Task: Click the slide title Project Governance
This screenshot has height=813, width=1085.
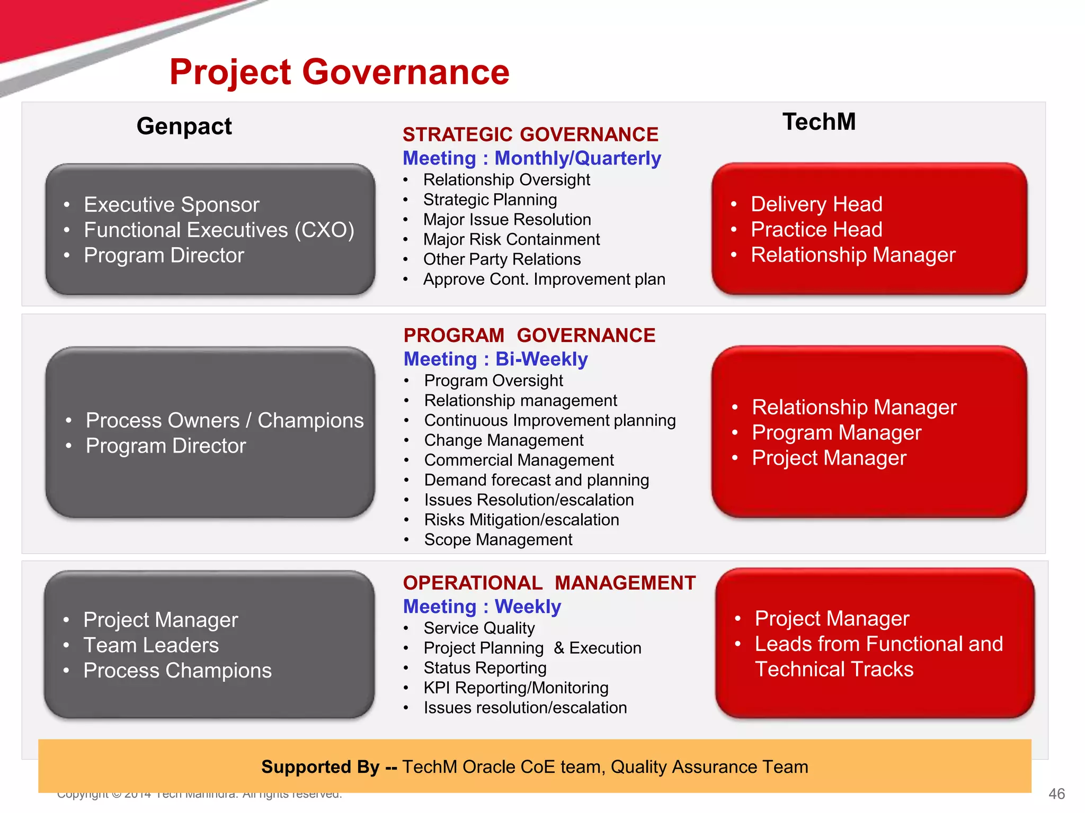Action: point(339,72)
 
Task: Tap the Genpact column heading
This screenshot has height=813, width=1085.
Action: point(184,126)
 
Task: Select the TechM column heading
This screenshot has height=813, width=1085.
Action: point(819,122)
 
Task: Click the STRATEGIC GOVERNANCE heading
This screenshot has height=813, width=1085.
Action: point(530,134)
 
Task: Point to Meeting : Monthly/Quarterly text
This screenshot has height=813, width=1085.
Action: point(531,158)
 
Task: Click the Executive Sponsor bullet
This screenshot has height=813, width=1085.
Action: point(171,205)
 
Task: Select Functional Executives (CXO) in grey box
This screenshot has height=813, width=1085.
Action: point(218,230)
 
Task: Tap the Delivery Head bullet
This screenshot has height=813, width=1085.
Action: point(816,204)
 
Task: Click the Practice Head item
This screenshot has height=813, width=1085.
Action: point(816,230)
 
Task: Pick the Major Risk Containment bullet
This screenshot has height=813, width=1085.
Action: point(511,240)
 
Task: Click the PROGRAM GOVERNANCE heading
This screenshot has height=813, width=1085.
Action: point(529,336)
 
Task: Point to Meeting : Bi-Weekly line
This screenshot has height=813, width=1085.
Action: point(495,359)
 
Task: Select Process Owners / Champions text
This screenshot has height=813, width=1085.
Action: point(224,421)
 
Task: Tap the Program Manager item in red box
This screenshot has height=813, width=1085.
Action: point(836,433)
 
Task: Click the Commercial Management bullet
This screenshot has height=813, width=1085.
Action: point(519,460)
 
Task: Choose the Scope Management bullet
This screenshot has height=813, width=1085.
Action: point(498,540)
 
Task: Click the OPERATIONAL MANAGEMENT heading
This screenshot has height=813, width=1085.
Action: point(549,583)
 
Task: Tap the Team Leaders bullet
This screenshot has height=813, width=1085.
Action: point(151,645)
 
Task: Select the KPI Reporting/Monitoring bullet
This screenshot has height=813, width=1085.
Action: point(515,688)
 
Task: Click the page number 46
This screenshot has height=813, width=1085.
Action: point(1056,794)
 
